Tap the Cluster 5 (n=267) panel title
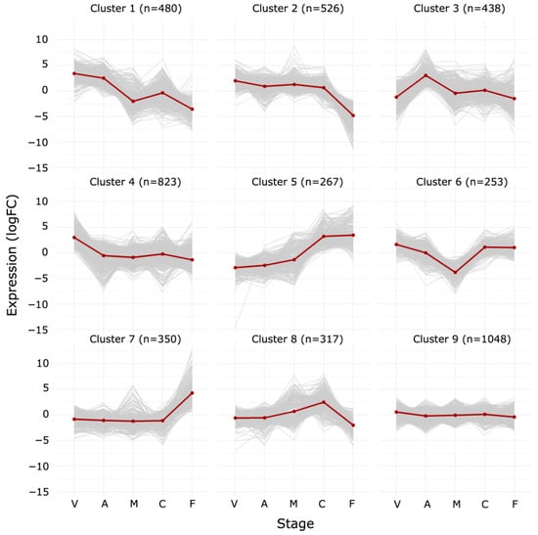(x=293, y=182)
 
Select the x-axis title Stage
(x=293, y=523)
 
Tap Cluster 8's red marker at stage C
(x=323, y=402)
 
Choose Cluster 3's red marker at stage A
(x=426, y=75)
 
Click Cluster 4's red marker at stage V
(x=73, y=238)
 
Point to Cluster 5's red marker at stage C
(x=323, y=237)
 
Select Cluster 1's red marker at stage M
(x=133, y=101)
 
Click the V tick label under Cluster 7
(x=73, y=503)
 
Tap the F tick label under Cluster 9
(x=515, y=503)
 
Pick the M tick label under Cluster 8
(x=293, y=503)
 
